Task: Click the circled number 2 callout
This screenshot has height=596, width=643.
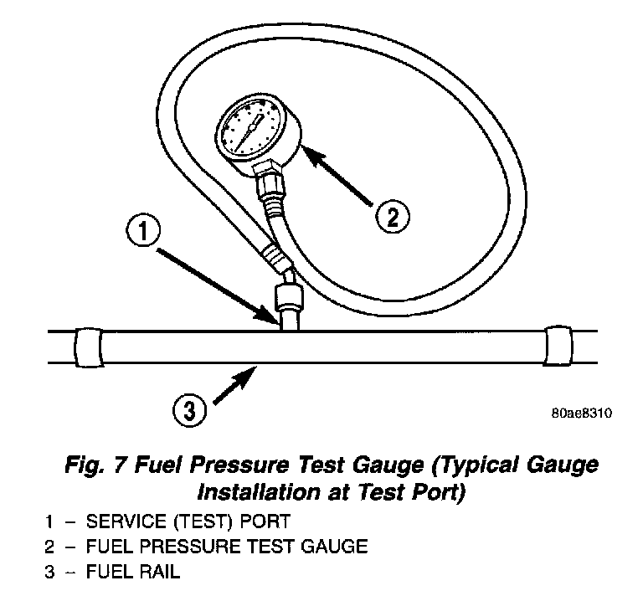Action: pos(392,217)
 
